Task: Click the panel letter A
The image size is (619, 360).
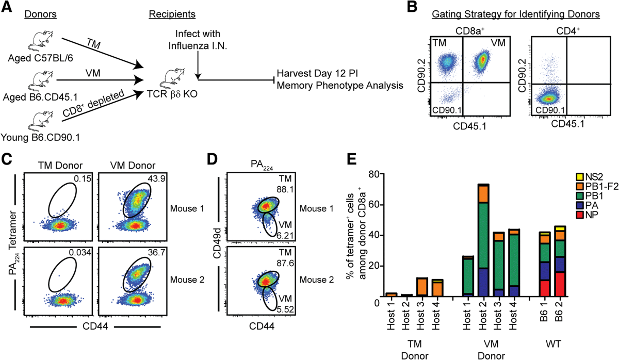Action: pos(9,8)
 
